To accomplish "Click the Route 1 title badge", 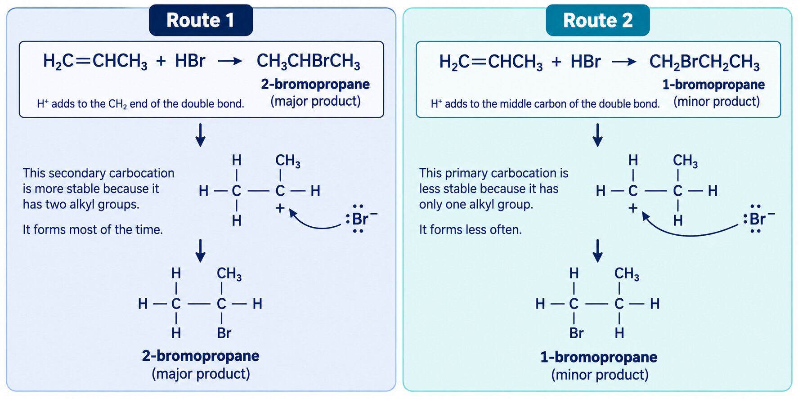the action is coord(201,20).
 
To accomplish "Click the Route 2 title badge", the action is coord(597,20).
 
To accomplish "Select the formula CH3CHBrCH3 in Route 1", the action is coord(308,62).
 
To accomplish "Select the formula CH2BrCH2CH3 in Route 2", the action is coord(704,62).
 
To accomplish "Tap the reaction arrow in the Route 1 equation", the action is coord(230,61).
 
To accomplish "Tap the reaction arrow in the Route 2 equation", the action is coord(624,62).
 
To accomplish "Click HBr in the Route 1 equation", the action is coord(190,61).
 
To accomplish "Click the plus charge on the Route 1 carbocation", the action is coord(280,208).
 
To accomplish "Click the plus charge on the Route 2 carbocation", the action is coord(632,208).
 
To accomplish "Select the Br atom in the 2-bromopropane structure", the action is coord(224,333).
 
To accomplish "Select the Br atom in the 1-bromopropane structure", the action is coord(576,333).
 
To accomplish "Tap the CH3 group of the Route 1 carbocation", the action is coord(287,161).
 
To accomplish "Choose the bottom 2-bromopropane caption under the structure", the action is coord(201,356).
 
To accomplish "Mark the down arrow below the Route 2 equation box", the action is coord(597,135).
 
